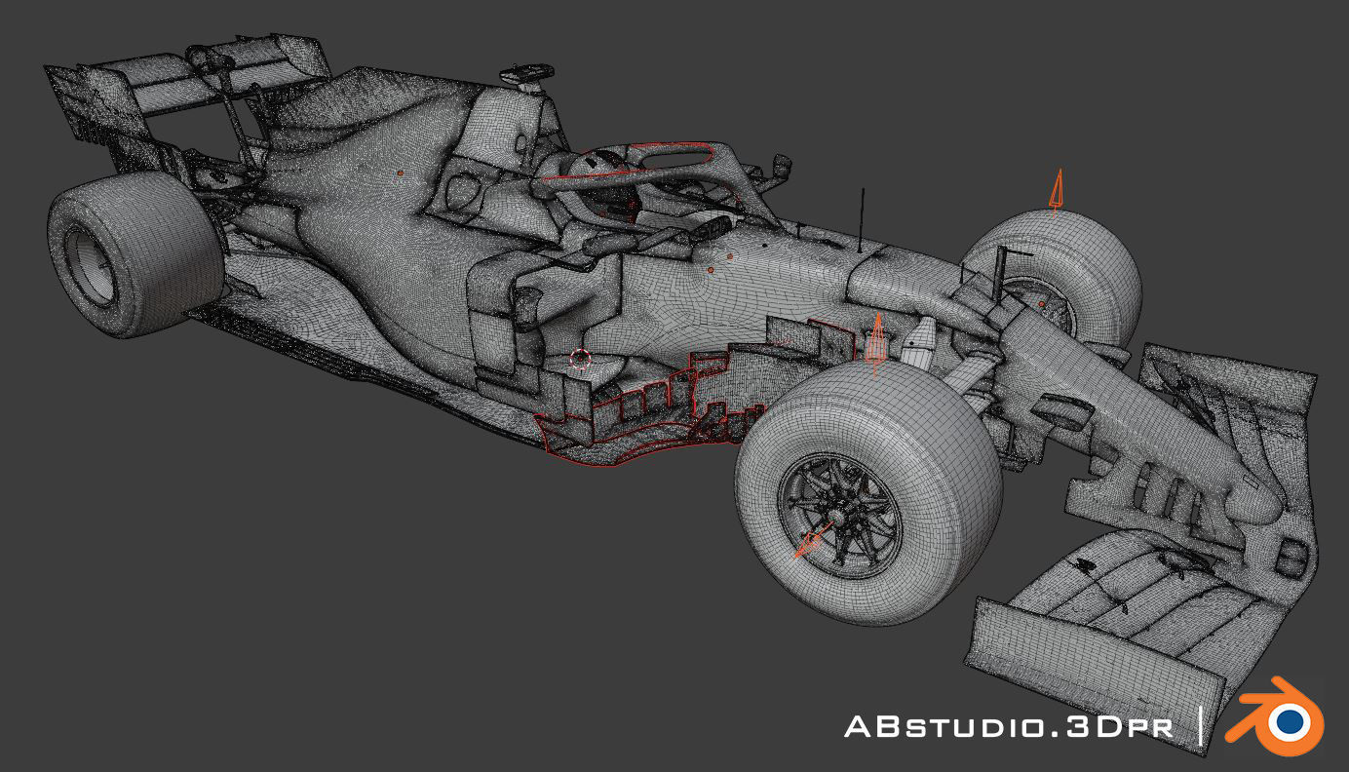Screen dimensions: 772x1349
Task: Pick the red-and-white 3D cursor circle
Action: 581,358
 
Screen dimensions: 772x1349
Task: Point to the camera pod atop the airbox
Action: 526,74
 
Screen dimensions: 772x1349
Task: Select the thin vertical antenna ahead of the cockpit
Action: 862,220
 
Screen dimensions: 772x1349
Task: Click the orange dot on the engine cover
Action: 400,173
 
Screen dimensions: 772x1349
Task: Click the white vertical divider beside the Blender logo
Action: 1201,727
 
